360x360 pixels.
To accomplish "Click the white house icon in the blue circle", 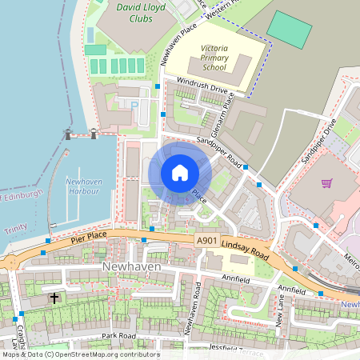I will [180, 172].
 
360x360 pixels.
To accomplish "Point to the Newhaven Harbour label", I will [84, 186].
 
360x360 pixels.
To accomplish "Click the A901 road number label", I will [206, 239].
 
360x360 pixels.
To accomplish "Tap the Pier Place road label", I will [88, 238].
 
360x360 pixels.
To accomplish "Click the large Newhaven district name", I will [132, 266].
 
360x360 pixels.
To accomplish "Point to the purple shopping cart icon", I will [326, 183].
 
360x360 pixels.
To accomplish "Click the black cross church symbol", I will [54, 298].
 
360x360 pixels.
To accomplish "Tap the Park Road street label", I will [118, 336].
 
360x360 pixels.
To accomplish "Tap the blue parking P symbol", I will [134, 104].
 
